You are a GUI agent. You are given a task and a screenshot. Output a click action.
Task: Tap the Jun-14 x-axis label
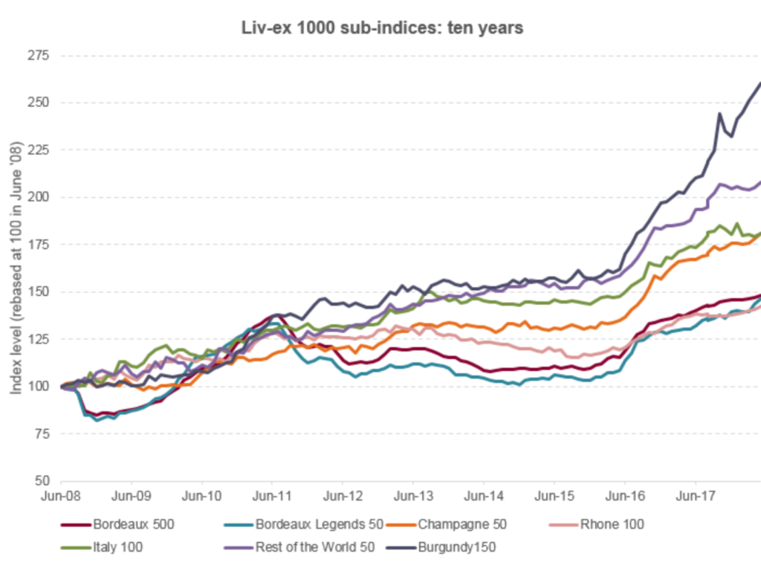(x=484, y=493)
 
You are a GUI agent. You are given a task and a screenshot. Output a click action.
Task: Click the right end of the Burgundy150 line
(x=759, y=83)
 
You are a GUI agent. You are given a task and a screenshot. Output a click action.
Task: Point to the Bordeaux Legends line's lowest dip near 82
(x=97, y=420)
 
